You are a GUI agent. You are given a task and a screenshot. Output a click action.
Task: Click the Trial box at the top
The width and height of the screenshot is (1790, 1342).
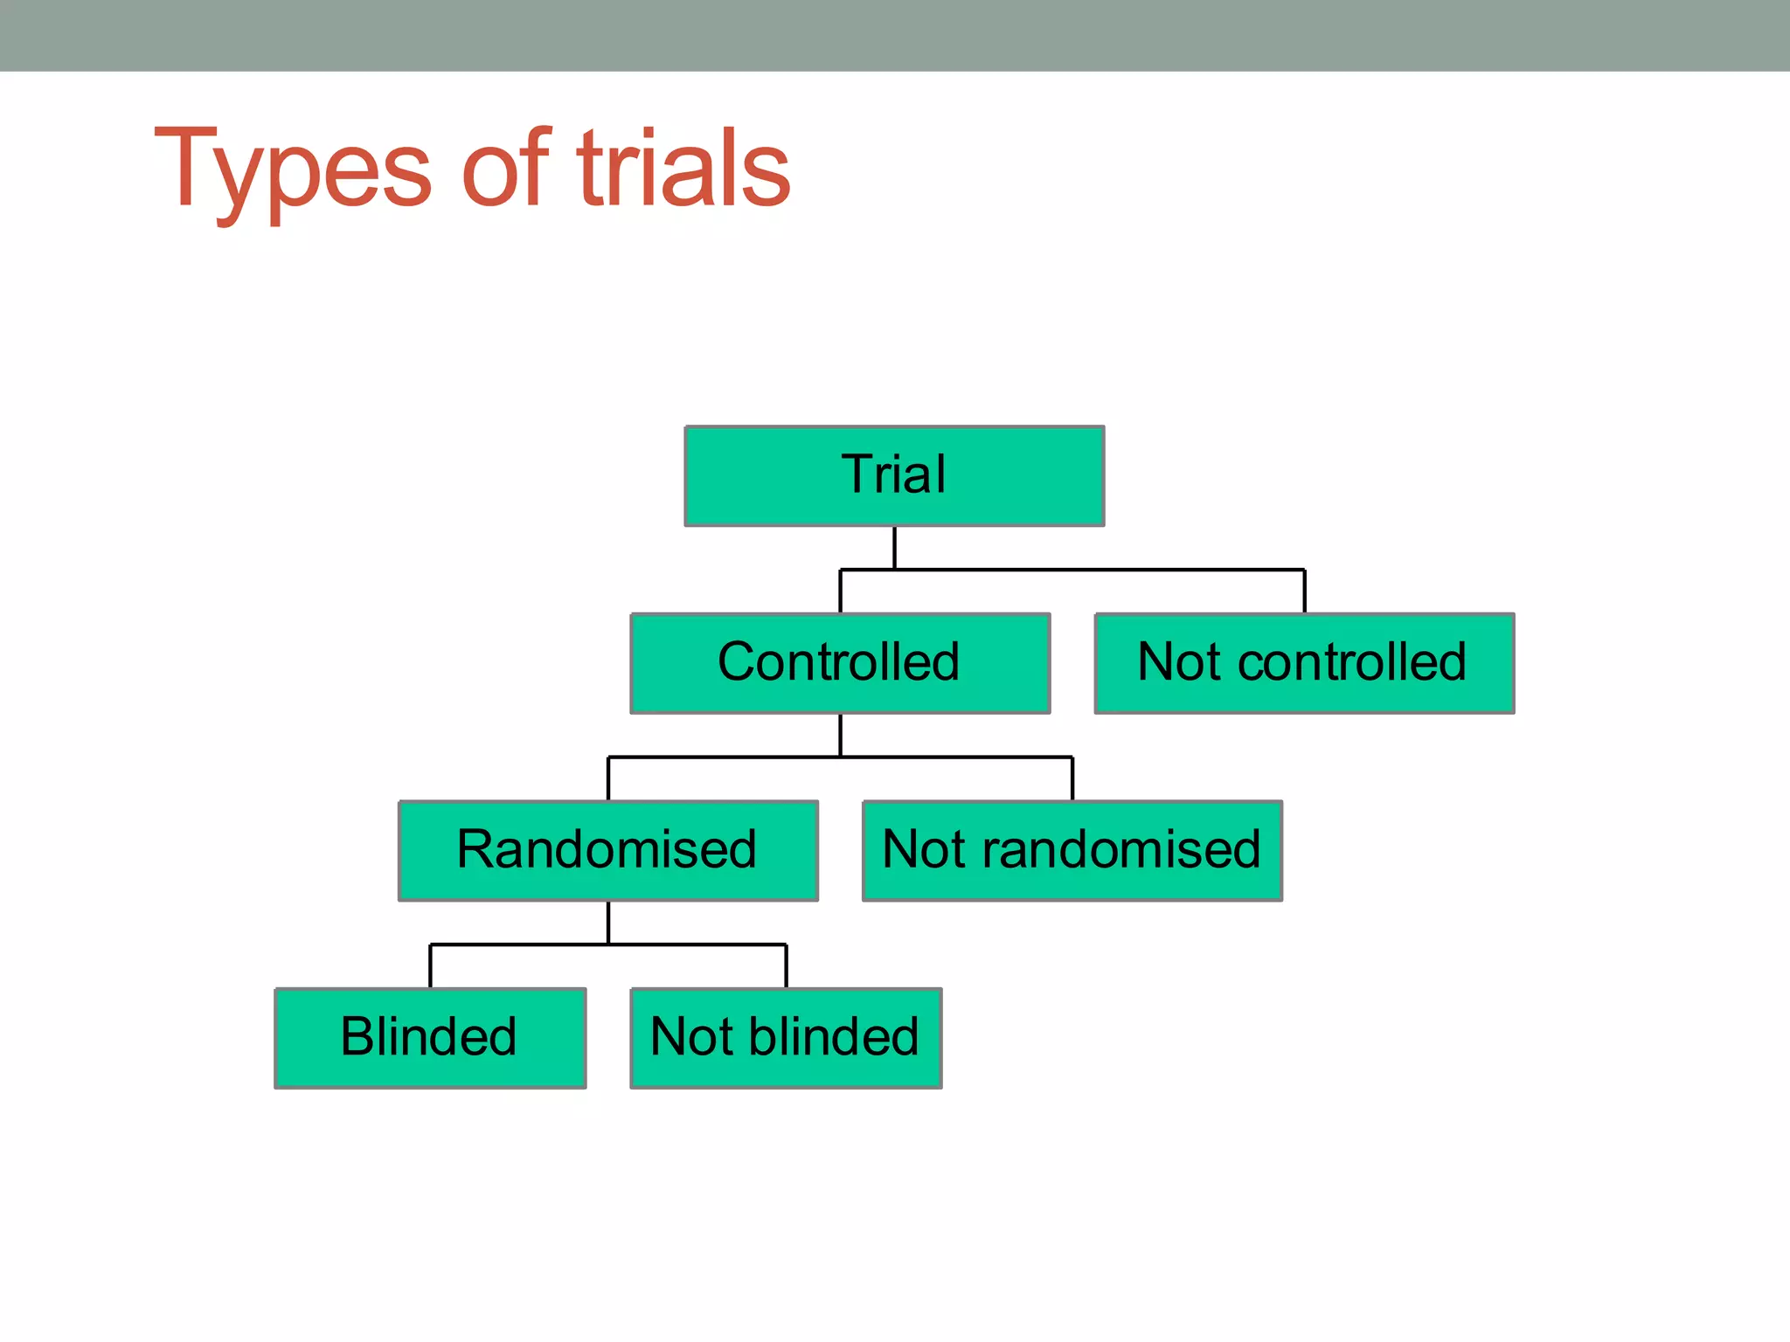(x=894, y=476)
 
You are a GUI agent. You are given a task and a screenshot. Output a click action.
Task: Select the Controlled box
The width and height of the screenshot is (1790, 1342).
(x=840, y=663)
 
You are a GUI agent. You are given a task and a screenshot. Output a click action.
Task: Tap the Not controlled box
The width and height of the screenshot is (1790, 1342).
(x=1304, y=663)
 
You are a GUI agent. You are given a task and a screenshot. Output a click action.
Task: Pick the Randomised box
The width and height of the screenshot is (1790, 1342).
(x=607, y=850)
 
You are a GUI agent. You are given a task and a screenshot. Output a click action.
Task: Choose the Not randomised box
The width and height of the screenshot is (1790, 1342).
(x=1072, y=850)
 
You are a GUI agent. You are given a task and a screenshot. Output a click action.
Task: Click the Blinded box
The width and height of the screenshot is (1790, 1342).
(x=430, y=1038)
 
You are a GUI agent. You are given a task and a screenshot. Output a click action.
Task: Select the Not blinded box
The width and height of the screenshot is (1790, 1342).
(x=786, y=1038)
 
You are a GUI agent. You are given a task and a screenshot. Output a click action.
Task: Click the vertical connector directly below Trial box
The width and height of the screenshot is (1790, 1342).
(x=894, y=547)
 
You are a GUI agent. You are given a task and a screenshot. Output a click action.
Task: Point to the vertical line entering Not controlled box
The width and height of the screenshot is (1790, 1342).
(x=1304, y=591)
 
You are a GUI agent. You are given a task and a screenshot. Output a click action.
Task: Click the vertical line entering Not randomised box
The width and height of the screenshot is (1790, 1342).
(x=1072, y=778)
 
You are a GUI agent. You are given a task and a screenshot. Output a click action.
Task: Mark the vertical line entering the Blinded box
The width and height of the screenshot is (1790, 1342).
(x=430, y=965)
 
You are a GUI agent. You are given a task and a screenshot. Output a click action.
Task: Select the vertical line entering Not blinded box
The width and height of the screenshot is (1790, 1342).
(x=786, y=965)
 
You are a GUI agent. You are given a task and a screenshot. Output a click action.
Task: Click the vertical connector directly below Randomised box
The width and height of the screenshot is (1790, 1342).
(x=608, y=922)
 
